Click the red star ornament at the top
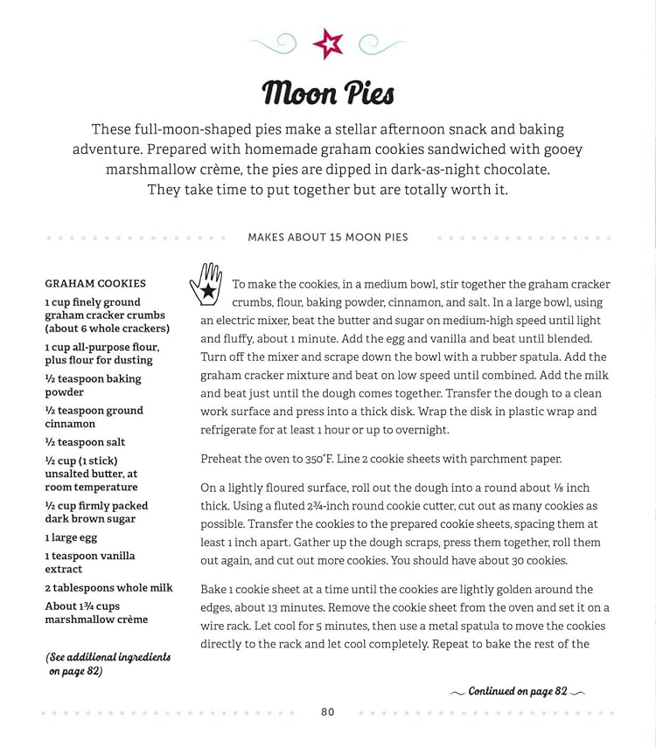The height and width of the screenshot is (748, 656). (328, 43)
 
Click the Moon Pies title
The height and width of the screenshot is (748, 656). (328, 93)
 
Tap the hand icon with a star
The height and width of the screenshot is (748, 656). (206, 283)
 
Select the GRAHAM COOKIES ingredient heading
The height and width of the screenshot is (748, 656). (95, 283)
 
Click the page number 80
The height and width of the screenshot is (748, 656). (328, 712)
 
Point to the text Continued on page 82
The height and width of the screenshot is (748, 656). (518, 691)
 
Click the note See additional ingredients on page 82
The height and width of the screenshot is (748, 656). (108, 664)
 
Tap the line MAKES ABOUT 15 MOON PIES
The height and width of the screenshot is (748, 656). (328, 237)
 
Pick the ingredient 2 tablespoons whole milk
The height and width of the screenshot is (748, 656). (108, 587)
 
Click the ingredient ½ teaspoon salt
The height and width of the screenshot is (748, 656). (85, 442)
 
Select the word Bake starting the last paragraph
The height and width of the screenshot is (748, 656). (214, 590)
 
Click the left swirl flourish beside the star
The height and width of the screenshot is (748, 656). (274, 41)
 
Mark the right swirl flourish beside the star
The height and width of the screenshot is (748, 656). (381, 41)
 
